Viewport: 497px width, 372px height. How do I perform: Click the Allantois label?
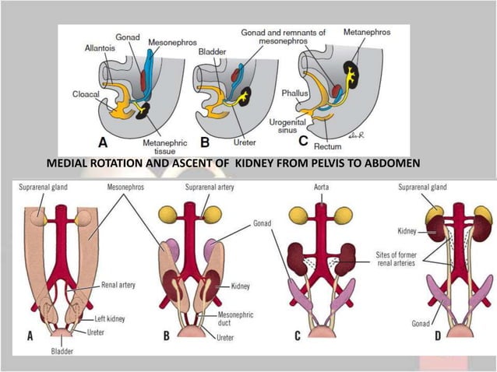99,49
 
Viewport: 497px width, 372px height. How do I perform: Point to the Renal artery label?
118,285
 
